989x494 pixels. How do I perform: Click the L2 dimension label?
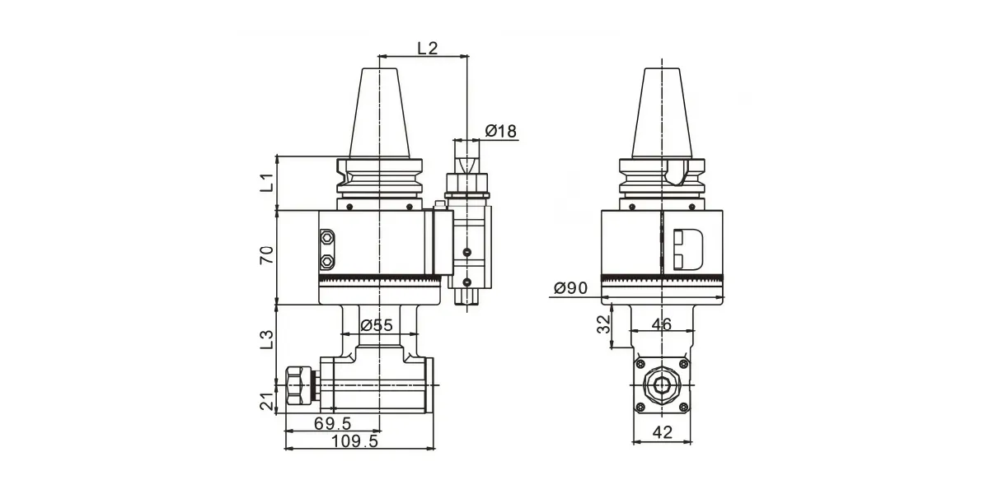[x=428, y=48]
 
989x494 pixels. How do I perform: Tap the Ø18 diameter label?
[x=501, y=131]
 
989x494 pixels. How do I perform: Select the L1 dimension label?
[x=267, y=182]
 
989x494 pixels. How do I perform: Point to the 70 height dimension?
[x=267, y=255]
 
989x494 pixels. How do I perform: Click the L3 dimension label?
[x=267, y=339]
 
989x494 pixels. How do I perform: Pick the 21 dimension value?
[x=267, y=401]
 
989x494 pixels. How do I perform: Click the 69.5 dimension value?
[x=332, y=424]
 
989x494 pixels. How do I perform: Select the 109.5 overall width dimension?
[x=354, y=441]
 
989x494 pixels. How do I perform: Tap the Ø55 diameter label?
[x=376, y=325]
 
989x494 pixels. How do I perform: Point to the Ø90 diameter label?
[x=570, y=288]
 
